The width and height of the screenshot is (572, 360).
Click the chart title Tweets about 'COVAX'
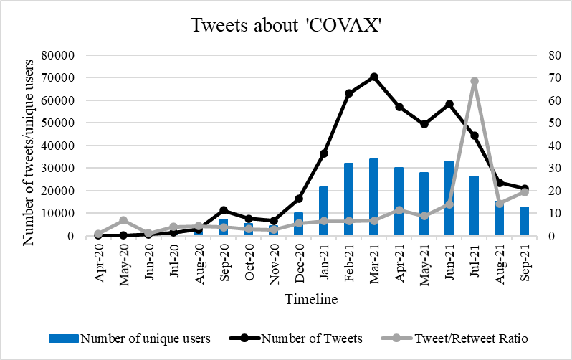[285, 26]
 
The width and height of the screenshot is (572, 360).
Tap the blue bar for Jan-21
[323, 211]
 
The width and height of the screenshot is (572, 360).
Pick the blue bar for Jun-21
[449, 199]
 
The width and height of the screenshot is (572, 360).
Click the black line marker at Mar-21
[373, 77]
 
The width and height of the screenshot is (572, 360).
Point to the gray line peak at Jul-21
[474, 81]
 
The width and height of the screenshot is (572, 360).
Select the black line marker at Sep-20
[224, 210]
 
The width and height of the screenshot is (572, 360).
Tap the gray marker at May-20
[123, 220]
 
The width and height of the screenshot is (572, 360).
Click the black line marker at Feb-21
[348, 93]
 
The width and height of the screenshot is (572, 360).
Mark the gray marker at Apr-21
[399, 210]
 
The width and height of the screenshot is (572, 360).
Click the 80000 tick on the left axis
[70, 55]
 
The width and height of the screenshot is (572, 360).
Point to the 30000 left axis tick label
[70, 169]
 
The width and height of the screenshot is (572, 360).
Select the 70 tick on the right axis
[534, 77]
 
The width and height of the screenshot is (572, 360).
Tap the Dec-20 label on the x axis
[298, 264]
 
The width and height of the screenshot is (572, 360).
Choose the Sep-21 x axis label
[524, 264]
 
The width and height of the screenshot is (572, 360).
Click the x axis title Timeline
[310, 300]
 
